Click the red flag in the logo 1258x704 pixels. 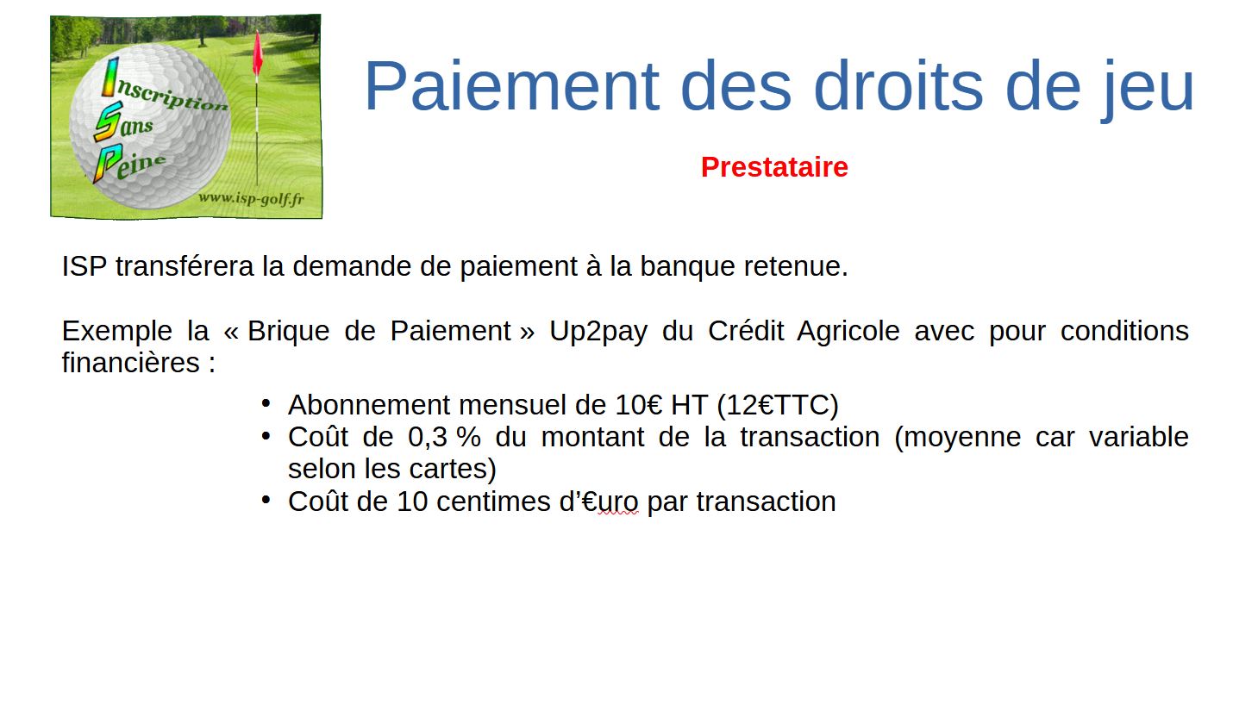tap(258, 53)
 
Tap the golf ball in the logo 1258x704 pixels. tap(150, 124)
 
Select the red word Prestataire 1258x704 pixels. tap(774, 167)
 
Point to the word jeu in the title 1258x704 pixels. tap(1147, 90)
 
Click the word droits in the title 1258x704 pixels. tap(898, 86)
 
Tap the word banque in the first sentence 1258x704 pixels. tap(687, 267)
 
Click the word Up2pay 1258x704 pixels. tap(598, 332)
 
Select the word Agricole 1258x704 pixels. tap(848, 332)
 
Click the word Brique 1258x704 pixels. tap(288, 332)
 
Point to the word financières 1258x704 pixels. tap(131, 363)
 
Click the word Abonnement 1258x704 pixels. tap(369, 405)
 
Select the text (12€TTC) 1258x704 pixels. tap(778, 405)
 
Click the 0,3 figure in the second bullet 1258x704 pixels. tap(427, 438)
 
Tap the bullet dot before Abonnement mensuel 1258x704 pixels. tap(266, 403)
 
